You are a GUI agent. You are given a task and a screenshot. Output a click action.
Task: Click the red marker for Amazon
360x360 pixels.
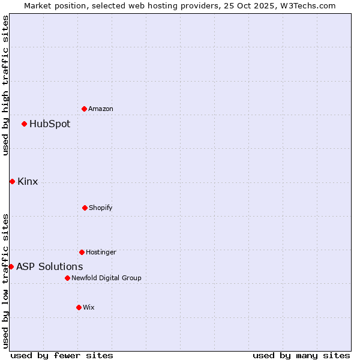tap(84, 109)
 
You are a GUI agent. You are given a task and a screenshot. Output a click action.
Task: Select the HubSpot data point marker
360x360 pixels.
tap(24, 124)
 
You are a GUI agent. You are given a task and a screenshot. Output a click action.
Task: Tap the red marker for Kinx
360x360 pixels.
tap(12, 181)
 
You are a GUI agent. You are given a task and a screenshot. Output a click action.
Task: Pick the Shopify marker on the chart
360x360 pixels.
tap(85, 208)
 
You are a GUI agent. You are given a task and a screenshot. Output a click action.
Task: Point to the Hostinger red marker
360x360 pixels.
tap(82, 252)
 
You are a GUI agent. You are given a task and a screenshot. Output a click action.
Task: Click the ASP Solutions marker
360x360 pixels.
tap(11, 266)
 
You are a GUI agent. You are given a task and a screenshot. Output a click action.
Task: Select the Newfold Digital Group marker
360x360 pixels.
tap(67, 278)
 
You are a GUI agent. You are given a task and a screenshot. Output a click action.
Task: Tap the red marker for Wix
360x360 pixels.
tap(79, 307)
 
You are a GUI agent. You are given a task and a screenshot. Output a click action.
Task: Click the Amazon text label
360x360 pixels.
tap(101, 109)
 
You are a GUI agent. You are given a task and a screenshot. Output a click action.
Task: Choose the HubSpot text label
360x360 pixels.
tap(50, 124)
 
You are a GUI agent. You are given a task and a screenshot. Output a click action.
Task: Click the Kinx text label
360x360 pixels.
tap(28, 182)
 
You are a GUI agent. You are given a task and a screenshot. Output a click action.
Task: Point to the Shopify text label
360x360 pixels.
tap(101, 208)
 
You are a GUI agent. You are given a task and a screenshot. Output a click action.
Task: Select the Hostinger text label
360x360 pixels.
tap(101, 253)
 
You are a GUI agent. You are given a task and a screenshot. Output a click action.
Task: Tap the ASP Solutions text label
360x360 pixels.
tap(50, 267)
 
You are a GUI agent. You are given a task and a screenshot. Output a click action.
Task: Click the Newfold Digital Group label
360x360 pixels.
tap(106, 278)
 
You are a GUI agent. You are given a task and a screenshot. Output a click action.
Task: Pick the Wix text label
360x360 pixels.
tap(89, 308)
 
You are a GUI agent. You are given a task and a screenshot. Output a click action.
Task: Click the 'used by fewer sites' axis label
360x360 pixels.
tap(62, 355)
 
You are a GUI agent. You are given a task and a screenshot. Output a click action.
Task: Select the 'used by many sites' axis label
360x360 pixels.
tap(301, 355)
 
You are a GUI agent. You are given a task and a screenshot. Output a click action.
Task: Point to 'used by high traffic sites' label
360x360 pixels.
tap(5, 85)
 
